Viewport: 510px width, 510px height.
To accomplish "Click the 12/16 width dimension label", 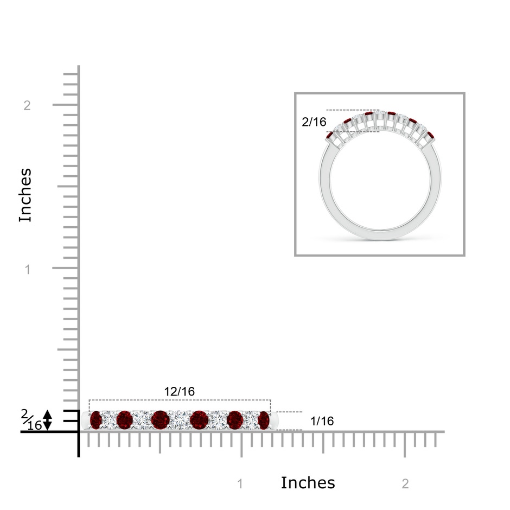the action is tap(179, 392).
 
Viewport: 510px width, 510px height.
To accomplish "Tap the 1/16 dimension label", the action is tap(322, 421).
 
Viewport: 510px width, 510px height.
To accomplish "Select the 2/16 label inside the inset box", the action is tap(314, 122).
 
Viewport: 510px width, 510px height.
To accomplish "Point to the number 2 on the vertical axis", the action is tap(27, 105).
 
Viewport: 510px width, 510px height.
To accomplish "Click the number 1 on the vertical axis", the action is tap(28, 269).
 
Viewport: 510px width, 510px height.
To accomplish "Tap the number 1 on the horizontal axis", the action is tap(240, 484).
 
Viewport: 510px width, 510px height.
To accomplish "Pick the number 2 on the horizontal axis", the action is tap(405, 484).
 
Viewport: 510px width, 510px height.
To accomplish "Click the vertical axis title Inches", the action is tap(25, 195).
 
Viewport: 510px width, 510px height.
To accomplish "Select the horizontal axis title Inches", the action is tap(308, 483).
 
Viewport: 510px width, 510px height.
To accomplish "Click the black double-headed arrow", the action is tap(48, 420).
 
